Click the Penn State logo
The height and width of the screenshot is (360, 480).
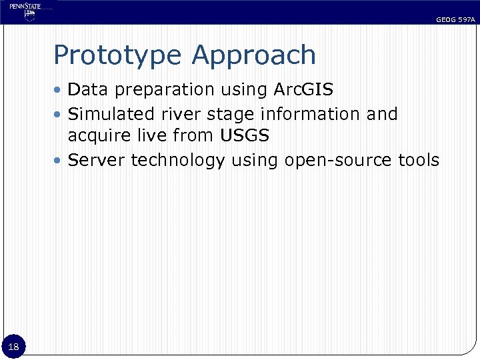(25, 12)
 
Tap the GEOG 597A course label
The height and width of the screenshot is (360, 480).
(455, 20)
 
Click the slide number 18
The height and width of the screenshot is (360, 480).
(14, 346)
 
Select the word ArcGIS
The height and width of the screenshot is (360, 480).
(303, 89)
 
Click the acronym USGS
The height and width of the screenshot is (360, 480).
(245, 137)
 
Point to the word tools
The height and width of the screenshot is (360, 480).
(419, 161)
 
